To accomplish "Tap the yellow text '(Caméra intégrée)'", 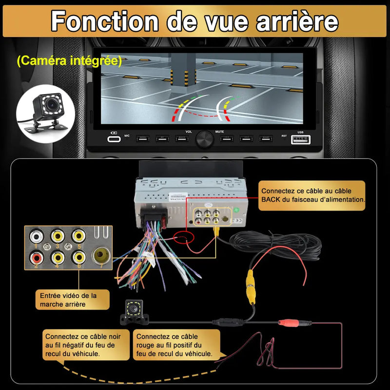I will [68, 61].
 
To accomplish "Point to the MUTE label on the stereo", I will [220, 132].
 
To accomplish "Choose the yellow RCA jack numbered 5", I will [78, 235].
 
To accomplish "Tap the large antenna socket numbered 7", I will [101, 255].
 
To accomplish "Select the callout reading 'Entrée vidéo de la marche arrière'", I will [73, 300].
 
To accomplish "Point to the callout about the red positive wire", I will [175, 345].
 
